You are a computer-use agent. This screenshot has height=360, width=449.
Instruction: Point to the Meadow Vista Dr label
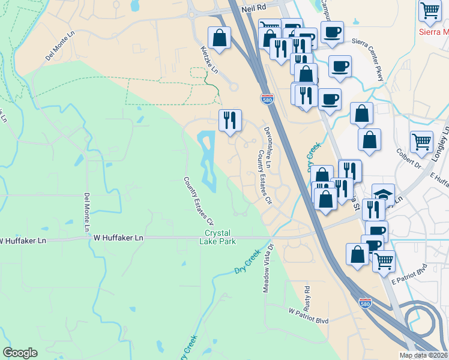pos(267,268)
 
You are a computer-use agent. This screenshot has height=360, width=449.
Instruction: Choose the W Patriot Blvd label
pos(309,316)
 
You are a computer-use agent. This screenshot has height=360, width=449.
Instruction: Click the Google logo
pos(20,352)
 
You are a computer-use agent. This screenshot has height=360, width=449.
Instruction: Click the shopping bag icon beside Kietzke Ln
pos(220,38)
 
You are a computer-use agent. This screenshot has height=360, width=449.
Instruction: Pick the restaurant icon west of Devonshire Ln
pos(230,121)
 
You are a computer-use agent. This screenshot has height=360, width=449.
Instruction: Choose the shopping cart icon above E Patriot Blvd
pos(384,260)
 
